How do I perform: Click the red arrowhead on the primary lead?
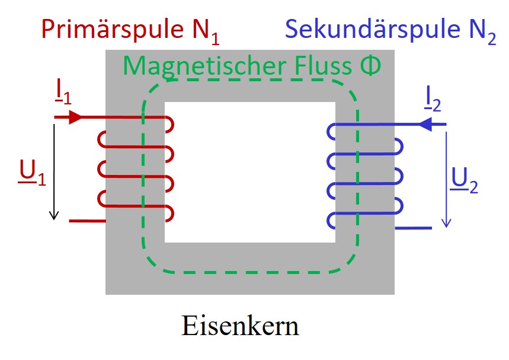75,117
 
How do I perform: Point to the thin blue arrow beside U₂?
446,178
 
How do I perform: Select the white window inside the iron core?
250,172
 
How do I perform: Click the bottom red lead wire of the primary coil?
88,221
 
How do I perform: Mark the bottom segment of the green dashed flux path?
249,273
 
